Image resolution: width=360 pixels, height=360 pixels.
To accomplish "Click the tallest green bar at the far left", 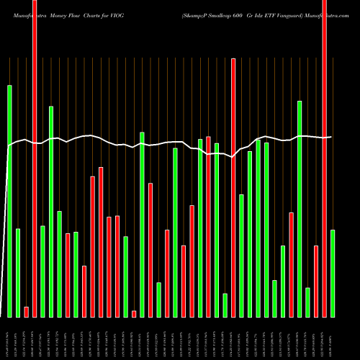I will [9, 202].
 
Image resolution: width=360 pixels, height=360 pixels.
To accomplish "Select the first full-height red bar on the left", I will [35, 158].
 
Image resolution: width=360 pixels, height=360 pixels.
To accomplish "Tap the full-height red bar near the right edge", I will [324, 158].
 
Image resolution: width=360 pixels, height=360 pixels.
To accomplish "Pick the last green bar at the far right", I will [333, 274].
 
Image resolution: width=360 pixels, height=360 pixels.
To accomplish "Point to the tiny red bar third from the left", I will [27, 312].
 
